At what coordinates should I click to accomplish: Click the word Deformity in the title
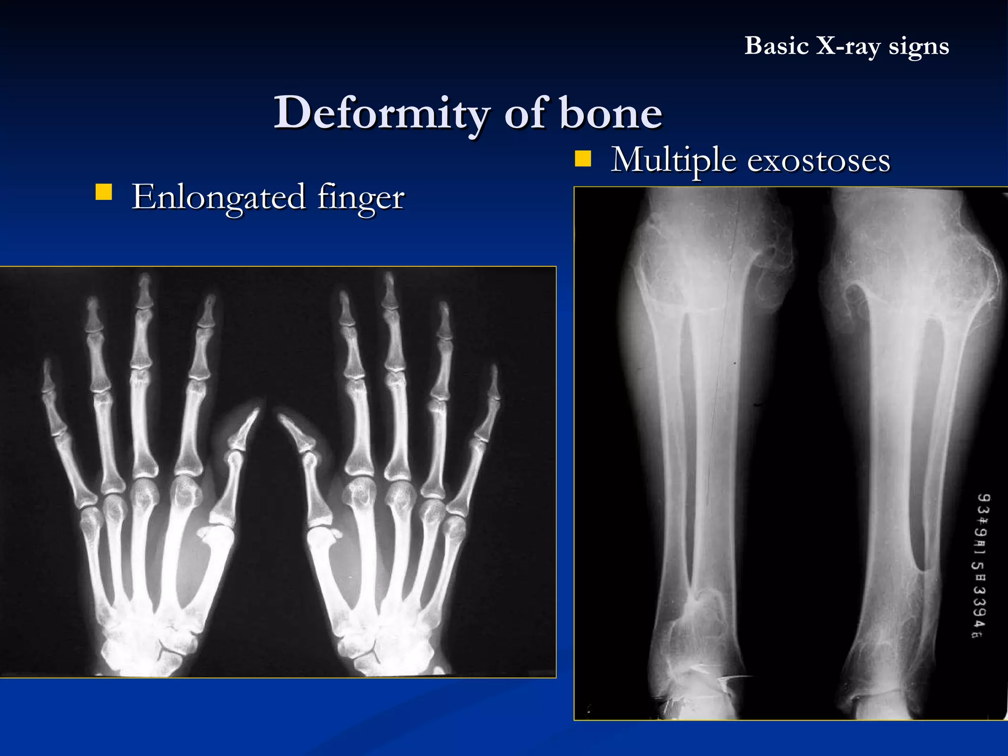click(x=381, y=113)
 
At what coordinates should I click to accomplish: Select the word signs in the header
click(x=918, y=46)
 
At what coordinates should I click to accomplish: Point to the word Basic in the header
click(x=776, y=46)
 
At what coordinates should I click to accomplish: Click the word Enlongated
click(x=219, y=197)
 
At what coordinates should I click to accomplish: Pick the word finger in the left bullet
click(x=361, y=197)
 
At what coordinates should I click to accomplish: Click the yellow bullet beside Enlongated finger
click(x=104, y=192)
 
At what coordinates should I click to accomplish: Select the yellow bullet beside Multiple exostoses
click(x=583, y=159)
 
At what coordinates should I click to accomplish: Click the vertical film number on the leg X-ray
click(x=981, y=566)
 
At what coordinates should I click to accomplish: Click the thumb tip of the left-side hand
click(x=256, y=411)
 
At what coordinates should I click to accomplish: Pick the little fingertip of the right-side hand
click(x=494, y=372)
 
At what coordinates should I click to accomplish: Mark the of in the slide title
click(x=526, y=113)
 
